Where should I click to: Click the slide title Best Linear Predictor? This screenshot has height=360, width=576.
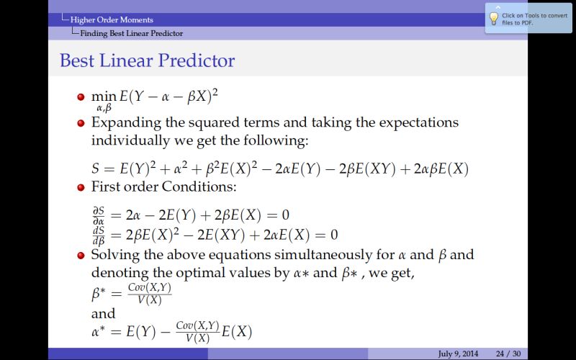[147, 60]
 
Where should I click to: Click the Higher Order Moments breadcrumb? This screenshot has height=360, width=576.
[112, 19]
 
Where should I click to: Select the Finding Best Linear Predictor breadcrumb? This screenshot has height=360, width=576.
[131, 33]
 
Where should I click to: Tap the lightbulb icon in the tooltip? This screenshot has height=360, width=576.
[494, 17]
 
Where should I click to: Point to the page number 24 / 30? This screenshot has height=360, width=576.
[508, 354]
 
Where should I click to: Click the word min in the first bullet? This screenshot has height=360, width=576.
[103, 95]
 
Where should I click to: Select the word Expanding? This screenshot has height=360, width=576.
[126, 122]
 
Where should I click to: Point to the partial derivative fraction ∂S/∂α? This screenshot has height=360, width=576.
[100, 215]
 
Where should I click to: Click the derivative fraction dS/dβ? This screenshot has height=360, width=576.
[100, 234]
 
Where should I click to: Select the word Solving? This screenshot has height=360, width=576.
[114, 256]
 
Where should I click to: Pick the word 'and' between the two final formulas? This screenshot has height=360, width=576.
[103, 313]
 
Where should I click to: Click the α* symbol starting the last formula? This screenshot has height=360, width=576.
[100, 331]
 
